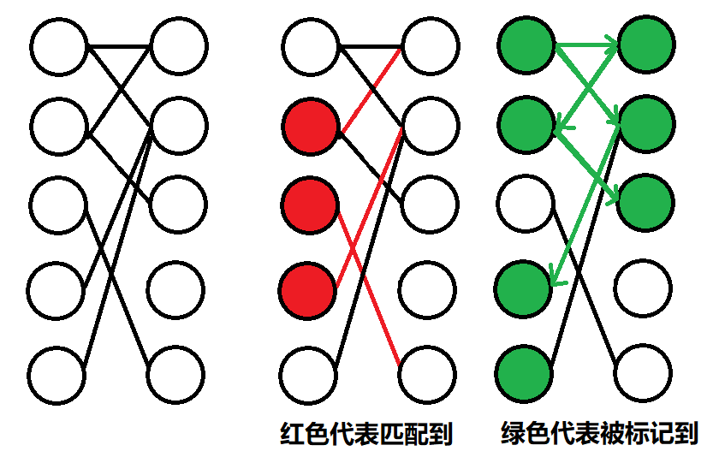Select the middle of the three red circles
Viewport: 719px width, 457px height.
point(309,205)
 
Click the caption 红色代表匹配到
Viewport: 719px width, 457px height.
point(366,434)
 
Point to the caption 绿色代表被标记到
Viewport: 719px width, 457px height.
point(599,434)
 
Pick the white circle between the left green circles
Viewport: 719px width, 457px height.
point(525,204)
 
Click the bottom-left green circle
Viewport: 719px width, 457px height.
point(524,373)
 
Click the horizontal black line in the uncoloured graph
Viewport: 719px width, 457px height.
point(120,45)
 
